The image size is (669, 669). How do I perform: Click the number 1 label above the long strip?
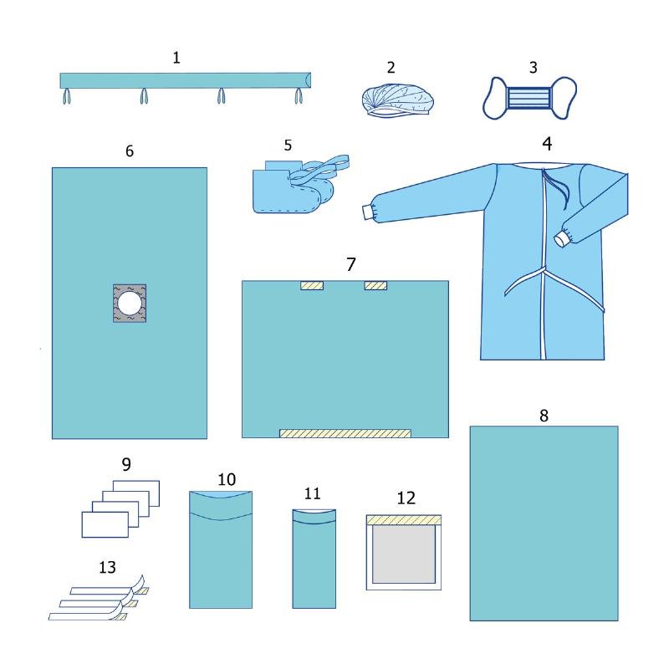click(x=176, y=58)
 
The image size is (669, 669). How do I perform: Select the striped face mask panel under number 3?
click(x=529, y=98)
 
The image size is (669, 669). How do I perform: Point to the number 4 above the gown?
click(x=547, y=144)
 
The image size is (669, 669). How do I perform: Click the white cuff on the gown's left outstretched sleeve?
click(x=368, y=212)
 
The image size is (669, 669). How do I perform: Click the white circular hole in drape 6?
click(x=130, y=303)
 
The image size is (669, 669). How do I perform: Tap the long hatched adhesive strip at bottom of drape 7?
click(x=345, y=433)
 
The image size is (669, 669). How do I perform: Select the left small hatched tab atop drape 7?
click(x=312, y=285)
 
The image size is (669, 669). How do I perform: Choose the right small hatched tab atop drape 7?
click(x=375, y=285)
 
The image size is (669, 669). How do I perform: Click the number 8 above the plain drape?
click(x=544, y=416)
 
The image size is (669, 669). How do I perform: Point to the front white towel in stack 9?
click(x=105, y=524)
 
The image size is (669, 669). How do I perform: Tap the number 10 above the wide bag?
click(x=227, y=479)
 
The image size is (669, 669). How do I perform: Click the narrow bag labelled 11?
click(x=314, y=559)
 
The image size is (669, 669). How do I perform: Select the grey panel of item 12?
click(x=404, y=554)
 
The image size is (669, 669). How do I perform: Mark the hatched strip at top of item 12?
click(x=404, y=520)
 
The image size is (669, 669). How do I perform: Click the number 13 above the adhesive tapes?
click(x=107, y=568)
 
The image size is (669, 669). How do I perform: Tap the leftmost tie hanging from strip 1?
click(x=67, y=96)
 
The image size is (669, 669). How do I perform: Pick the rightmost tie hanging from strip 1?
click(x=299, y=96)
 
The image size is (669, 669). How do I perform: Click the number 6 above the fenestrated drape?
click(x=130, y=151)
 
